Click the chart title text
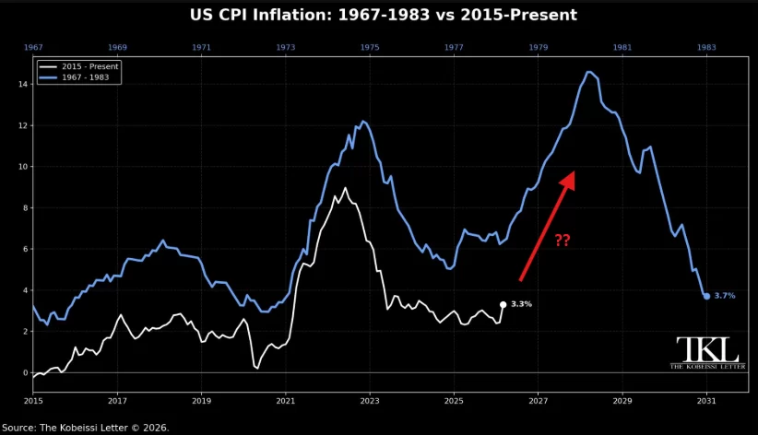click(383, 15)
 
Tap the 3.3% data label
click(521, 304)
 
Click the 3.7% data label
click(725, 296)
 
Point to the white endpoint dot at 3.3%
click(503, 304)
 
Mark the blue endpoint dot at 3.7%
click(706, 296)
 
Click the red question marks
click(562, 241)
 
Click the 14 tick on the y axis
click(23, 84)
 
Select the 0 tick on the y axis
click(25, 372)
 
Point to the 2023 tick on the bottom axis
click(369, 402)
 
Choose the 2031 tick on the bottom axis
click(706, 402)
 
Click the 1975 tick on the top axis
click(369, 47)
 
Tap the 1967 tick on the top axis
click(32, 47)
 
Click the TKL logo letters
click(707, 349)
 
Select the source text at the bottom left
click(85, 428)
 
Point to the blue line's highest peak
click(588, 72)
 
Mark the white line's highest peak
click(345, 188)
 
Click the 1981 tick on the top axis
click(622, 47)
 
